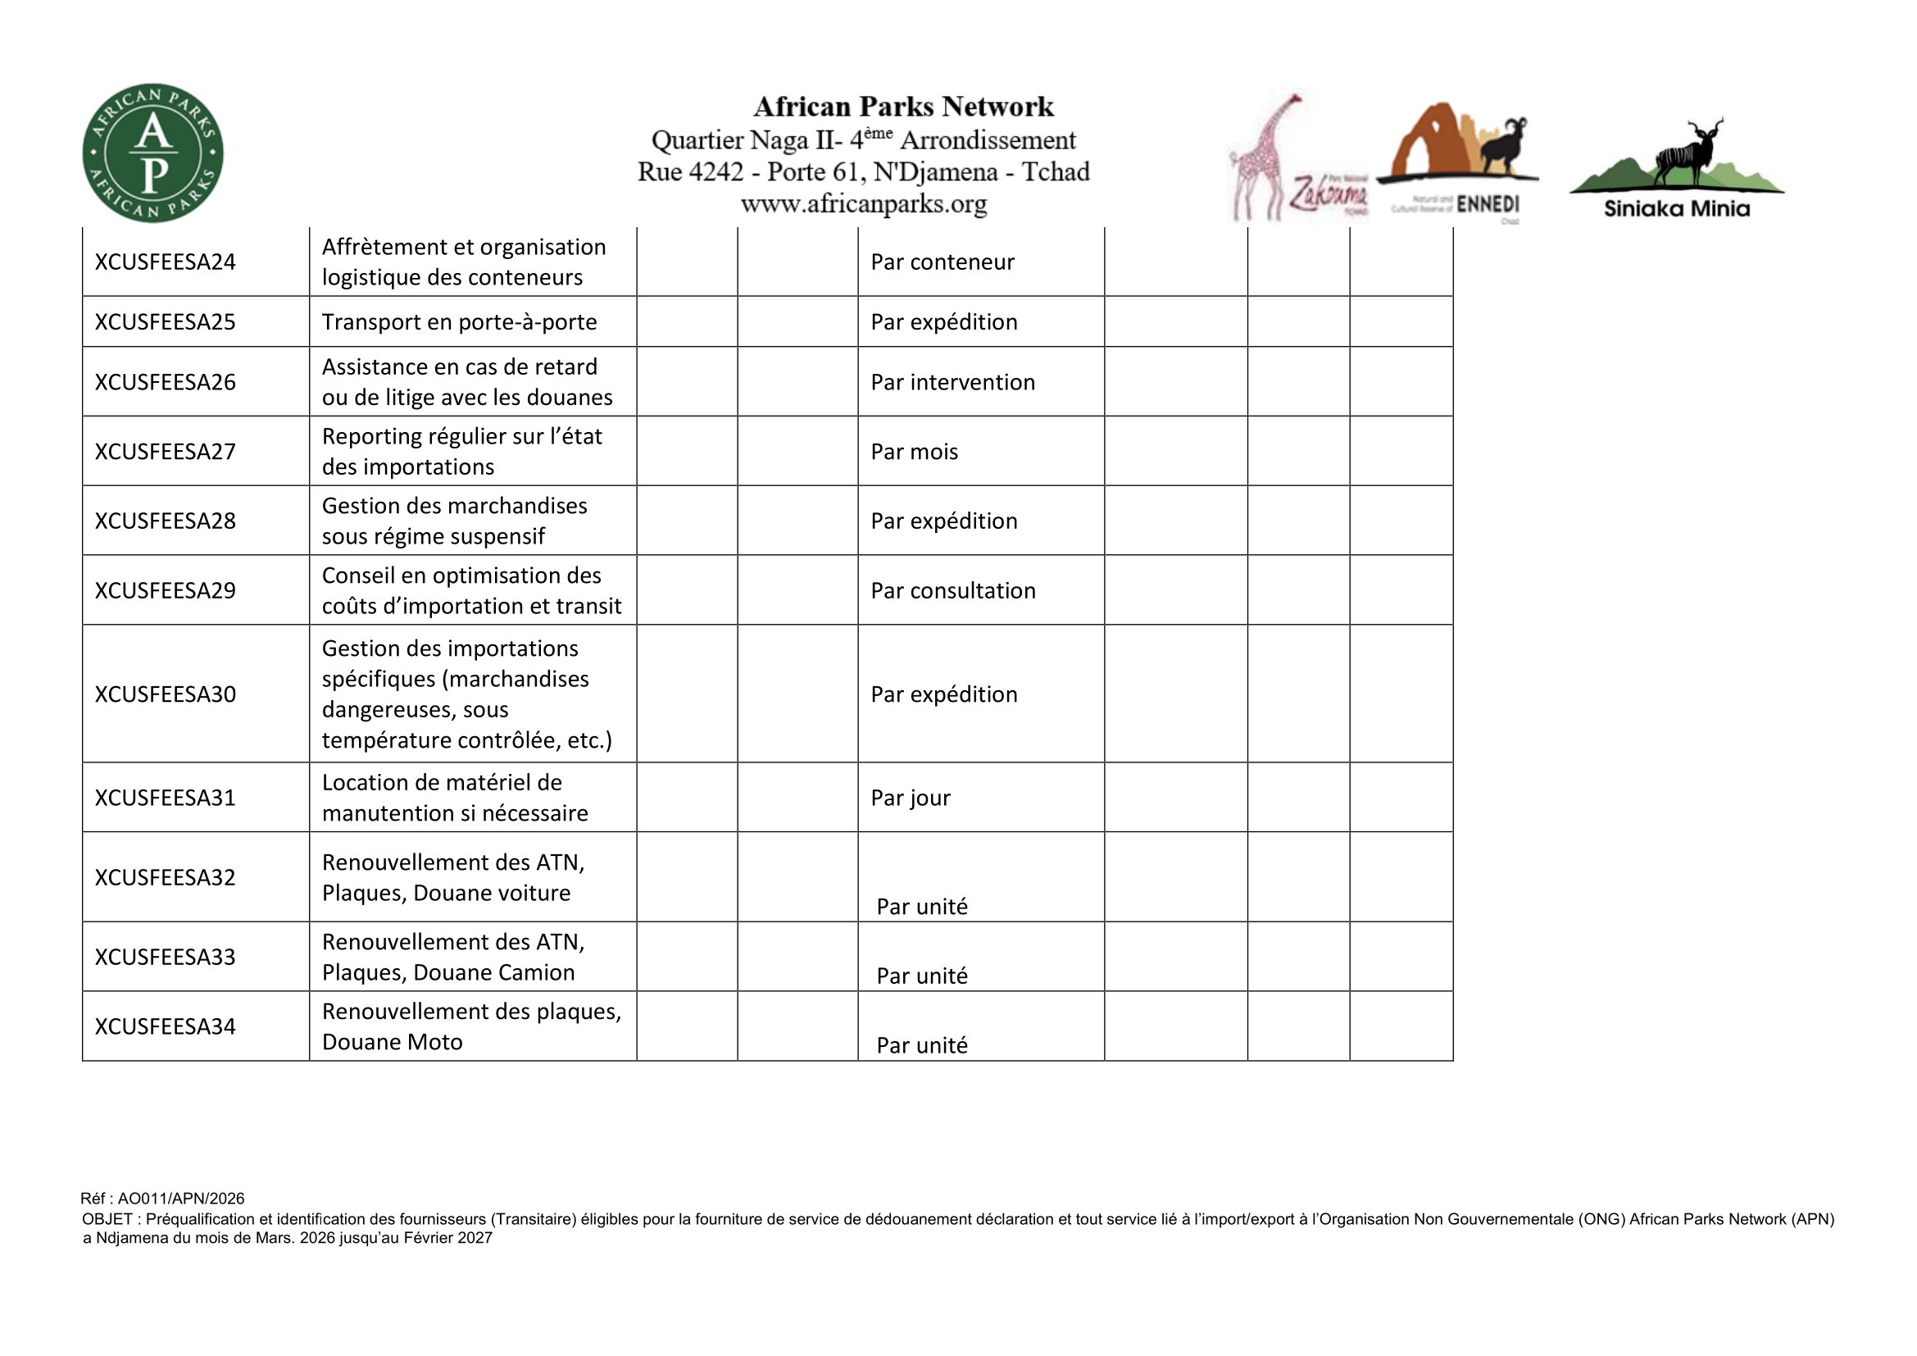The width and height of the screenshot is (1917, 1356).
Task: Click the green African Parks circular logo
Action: tap(152, 152)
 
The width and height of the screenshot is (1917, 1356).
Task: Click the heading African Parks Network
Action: tap(903, 107)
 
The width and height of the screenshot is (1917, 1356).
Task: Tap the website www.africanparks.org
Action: tap(863, 204)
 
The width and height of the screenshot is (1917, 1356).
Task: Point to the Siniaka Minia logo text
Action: tap(1676, 209)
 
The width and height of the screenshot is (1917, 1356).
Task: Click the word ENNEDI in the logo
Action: tap(1487, 206)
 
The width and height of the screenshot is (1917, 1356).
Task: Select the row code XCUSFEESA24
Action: tap(166, 262)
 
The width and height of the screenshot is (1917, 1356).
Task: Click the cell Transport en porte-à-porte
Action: tap(459, 322)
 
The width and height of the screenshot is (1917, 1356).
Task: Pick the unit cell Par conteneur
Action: tap(942, 262)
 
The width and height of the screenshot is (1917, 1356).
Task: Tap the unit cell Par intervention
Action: tap(952, 382)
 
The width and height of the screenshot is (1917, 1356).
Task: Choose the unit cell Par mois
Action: tap(915, 452)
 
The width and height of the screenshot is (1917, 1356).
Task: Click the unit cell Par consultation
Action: tap(952, 591)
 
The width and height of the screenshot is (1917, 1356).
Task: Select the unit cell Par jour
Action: tap(910, 799)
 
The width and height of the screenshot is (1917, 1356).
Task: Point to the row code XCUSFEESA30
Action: tap(166, 694)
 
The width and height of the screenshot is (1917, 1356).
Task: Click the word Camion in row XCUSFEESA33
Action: tap(535, 973)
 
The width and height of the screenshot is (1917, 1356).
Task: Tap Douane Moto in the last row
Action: tap(392, 1042)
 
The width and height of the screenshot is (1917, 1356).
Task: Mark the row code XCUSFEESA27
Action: tap(166, 452)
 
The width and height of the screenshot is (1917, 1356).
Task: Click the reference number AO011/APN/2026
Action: tap(180, 1199)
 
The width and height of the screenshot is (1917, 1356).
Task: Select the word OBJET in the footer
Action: tap(106, 1219)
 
